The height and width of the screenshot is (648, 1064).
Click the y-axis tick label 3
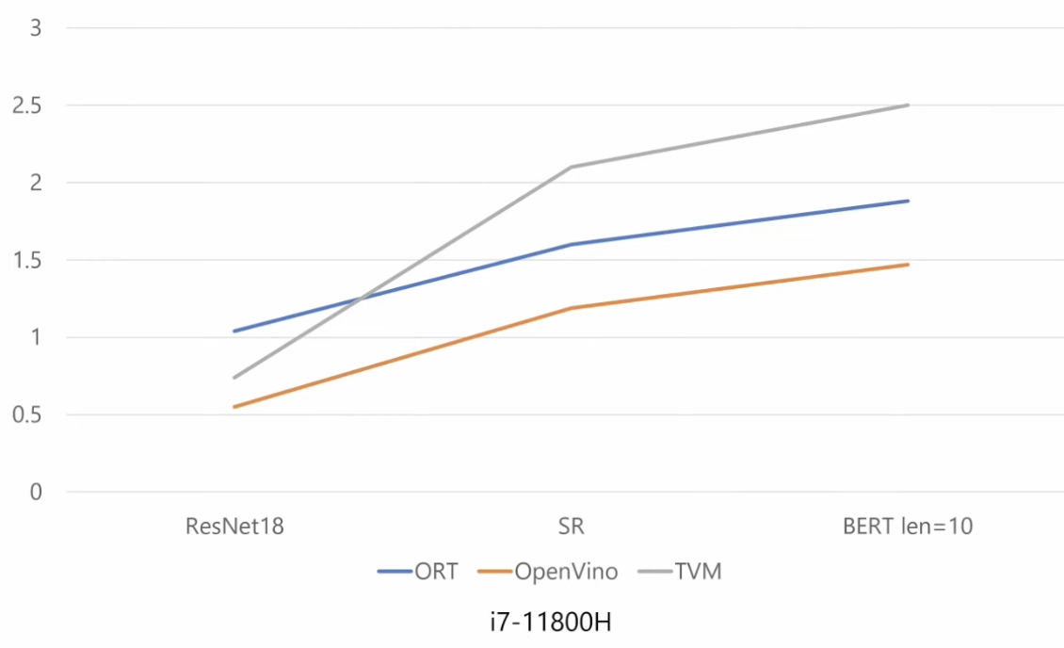(x=37, y=27)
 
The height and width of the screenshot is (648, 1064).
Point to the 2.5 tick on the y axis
(x=27, y=105)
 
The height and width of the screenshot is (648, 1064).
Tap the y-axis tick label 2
(x=37, y=182)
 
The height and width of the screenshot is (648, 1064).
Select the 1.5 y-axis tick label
(x=27, y=259)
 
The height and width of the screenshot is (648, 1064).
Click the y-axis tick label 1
(x=37, y=336)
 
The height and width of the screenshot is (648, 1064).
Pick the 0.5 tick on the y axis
(x=27, y=413)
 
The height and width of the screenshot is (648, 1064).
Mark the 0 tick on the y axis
(x=37, y=491)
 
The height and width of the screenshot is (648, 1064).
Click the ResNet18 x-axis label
(x=234, y=526)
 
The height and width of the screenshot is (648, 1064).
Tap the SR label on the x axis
(x=571, y=526)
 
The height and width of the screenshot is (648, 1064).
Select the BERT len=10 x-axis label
(x=907, y=526)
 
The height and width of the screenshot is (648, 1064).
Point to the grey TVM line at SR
(x=571, y=168)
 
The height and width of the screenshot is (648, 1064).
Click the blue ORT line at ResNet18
(x=234, y=331)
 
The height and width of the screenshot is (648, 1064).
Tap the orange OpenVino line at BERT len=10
(x=907, y=265)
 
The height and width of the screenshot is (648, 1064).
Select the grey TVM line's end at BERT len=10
(x=907, y=105)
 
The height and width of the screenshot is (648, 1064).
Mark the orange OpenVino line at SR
(x=571, y=308)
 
